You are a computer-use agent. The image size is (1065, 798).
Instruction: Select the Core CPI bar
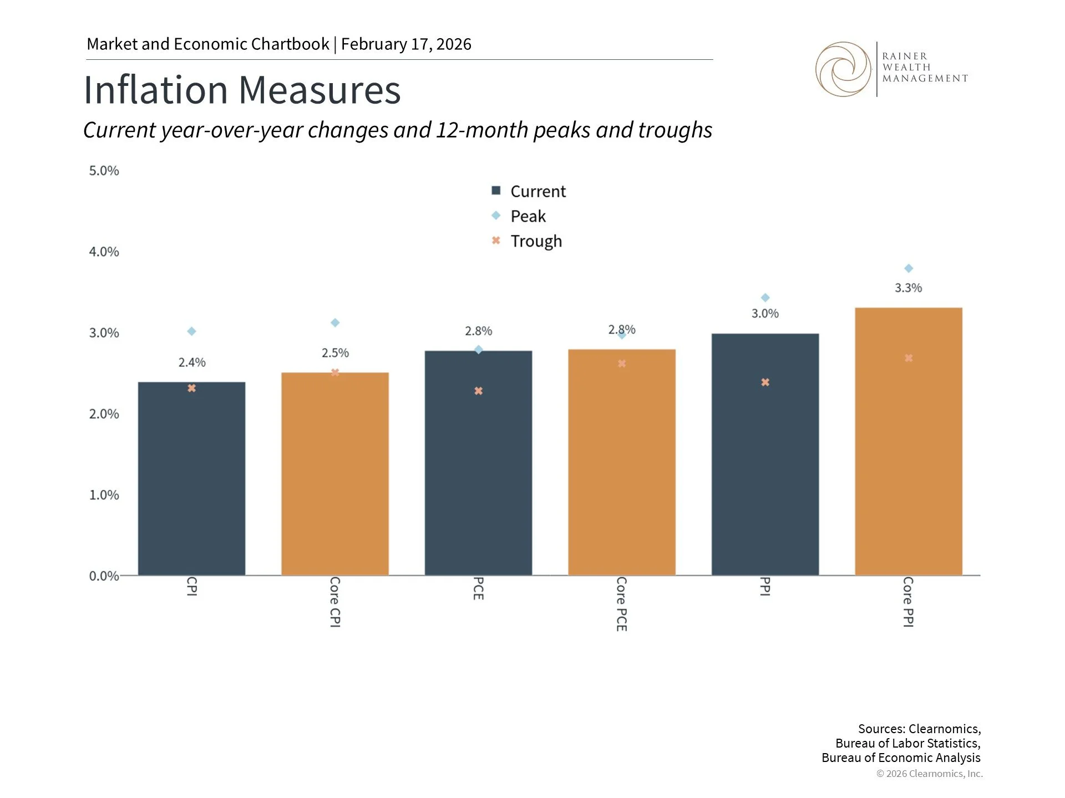tap(334, 474)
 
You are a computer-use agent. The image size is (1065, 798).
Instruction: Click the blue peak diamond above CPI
tap(191, 331)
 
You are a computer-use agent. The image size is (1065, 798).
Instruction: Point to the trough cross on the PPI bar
tap(765, 382)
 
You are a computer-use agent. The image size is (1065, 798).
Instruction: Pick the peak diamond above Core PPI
tap(909, 269)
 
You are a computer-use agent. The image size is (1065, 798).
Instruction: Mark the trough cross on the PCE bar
tap(478, 391)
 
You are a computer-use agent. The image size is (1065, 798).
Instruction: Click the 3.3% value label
tap(908, 288)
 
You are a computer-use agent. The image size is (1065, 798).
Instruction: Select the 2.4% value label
tap(192, 362)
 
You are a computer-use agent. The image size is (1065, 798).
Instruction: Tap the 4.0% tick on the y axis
tap(104, 252)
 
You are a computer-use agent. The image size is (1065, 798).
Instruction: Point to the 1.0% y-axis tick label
tap(104, 495)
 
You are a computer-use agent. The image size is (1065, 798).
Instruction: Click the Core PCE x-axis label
tap(621, 603)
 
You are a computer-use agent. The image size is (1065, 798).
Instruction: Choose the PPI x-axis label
tap(764, 586)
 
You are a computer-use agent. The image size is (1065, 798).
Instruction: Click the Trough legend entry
tap(535, 241)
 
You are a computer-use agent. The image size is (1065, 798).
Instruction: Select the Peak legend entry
tap(528, 216)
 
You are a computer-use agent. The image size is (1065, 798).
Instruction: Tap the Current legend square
tap(496, 191)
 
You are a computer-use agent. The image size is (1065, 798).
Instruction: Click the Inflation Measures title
tap(242, 90)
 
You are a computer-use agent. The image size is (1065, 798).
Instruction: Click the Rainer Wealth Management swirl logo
tap(843, 69)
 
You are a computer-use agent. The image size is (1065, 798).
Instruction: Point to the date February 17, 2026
tap(406, 44)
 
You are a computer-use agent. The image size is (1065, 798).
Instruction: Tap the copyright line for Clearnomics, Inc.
tap(929, 774)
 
